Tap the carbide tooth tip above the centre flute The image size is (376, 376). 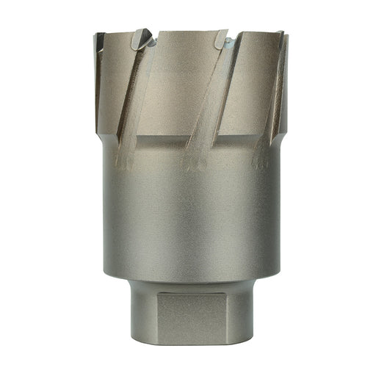(223, 42)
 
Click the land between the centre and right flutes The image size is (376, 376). (250, 81)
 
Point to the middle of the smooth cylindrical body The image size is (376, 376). (188, 213)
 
